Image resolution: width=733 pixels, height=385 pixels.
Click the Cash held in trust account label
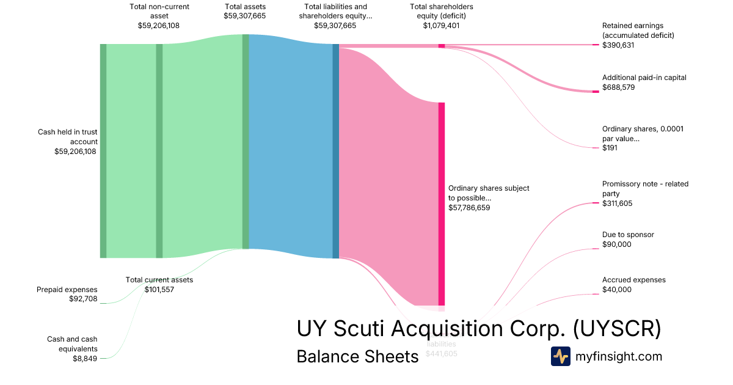pos(67,137)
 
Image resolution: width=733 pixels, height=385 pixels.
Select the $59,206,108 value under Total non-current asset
pos(159,26)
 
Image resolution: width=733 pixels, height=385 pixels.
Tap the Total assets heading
pos(245,7)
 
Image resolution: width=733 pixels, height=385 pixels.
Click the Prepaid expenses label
pos(67,290)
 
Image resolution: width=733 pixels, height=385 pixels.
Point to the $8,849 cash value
pos(85,359)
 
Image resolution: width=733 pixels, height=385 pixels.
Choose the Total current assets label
pos(159,280)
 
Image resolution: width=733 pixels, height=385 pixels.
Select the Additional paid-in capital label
pos(644,78)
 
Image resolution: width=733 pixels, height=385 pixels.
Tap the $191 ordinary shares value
pos(610,148)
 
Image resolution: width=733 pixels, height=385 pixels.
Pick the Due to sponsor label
pos(628,235)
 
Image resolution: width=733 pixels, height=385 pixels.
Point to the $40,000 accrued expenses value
pos(617,290)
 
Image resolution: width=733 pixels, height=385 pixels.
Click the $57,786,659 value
pos(469,208)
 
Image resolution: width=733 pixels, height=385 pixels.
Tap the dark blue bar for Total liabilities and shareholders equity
pos(335,151)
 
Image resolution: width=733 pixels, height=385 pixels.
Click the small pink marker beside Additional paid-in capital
pos(596,92)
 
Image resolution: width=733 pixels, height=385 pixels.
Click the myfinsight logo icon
pos(560,356)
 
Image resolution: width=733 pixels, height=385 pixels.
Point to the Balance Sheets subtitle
pos(357,356)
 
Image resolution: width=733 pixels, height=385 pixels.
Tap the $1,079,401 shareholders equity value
pos(442,26)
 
